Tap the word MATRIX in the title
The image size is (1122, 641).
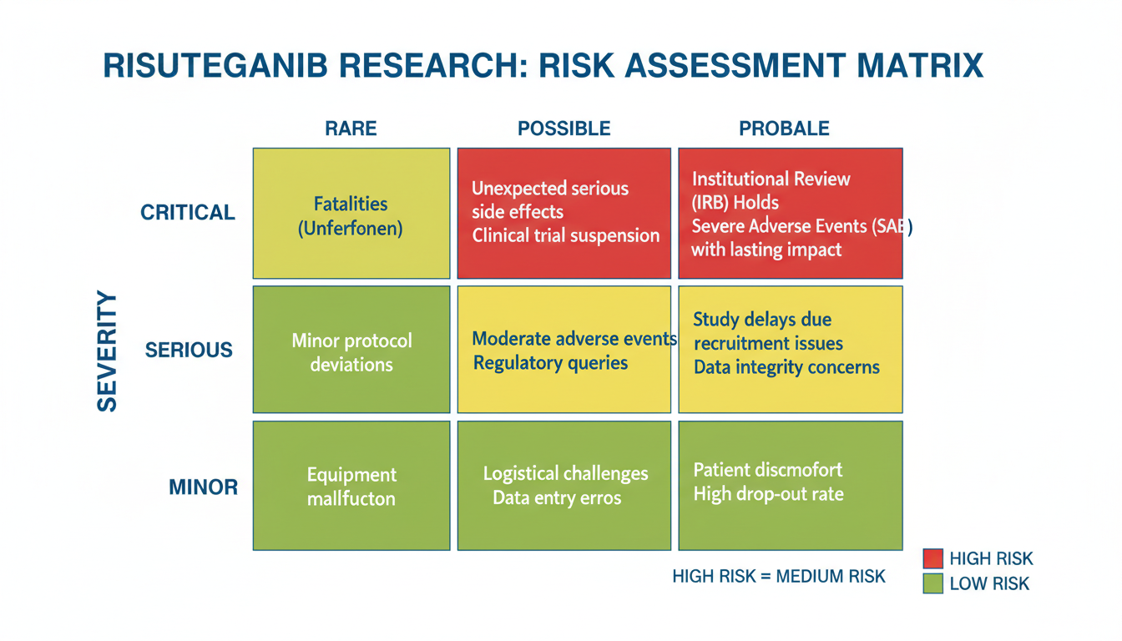pos(920,66)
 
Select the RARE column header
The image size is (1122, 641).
pos(351,129)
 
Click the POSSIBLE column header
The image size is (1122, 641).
pos(564,129)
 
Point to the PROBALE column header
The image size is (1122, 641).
pos(784,129)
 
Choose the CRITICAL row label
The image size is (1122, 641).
pos(187,212)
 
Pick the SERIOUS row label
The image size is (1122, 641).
pos(189,350)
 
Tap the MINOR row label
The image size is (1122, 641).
pos(204,487)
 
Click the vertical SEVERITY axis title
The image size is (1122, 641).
pos(107,351)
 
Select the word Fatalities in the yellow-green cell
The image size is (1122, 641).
pos(351,204)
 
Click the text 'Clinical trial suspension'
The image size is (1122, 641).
pos(566,235)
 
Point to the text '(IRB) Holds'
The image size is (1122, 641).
pos(735,203)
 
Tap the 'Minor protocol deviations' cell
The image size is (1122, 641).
pos(351,350)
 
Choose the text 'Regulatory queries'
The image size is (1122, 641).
pos(550,362)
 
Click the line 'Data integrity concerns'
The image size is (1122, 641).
pos(786,367)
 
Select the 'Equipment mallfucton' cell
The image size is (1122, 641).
pos(351,486)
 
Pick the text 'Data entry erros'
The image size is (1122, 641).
pos(557,497)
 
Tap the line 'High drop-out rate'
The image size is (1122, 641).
pos(768,494)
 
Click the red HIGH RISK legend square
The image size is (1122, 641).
pos(933,558)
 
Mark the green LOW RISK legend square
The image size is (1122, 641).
pos(933,583)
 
